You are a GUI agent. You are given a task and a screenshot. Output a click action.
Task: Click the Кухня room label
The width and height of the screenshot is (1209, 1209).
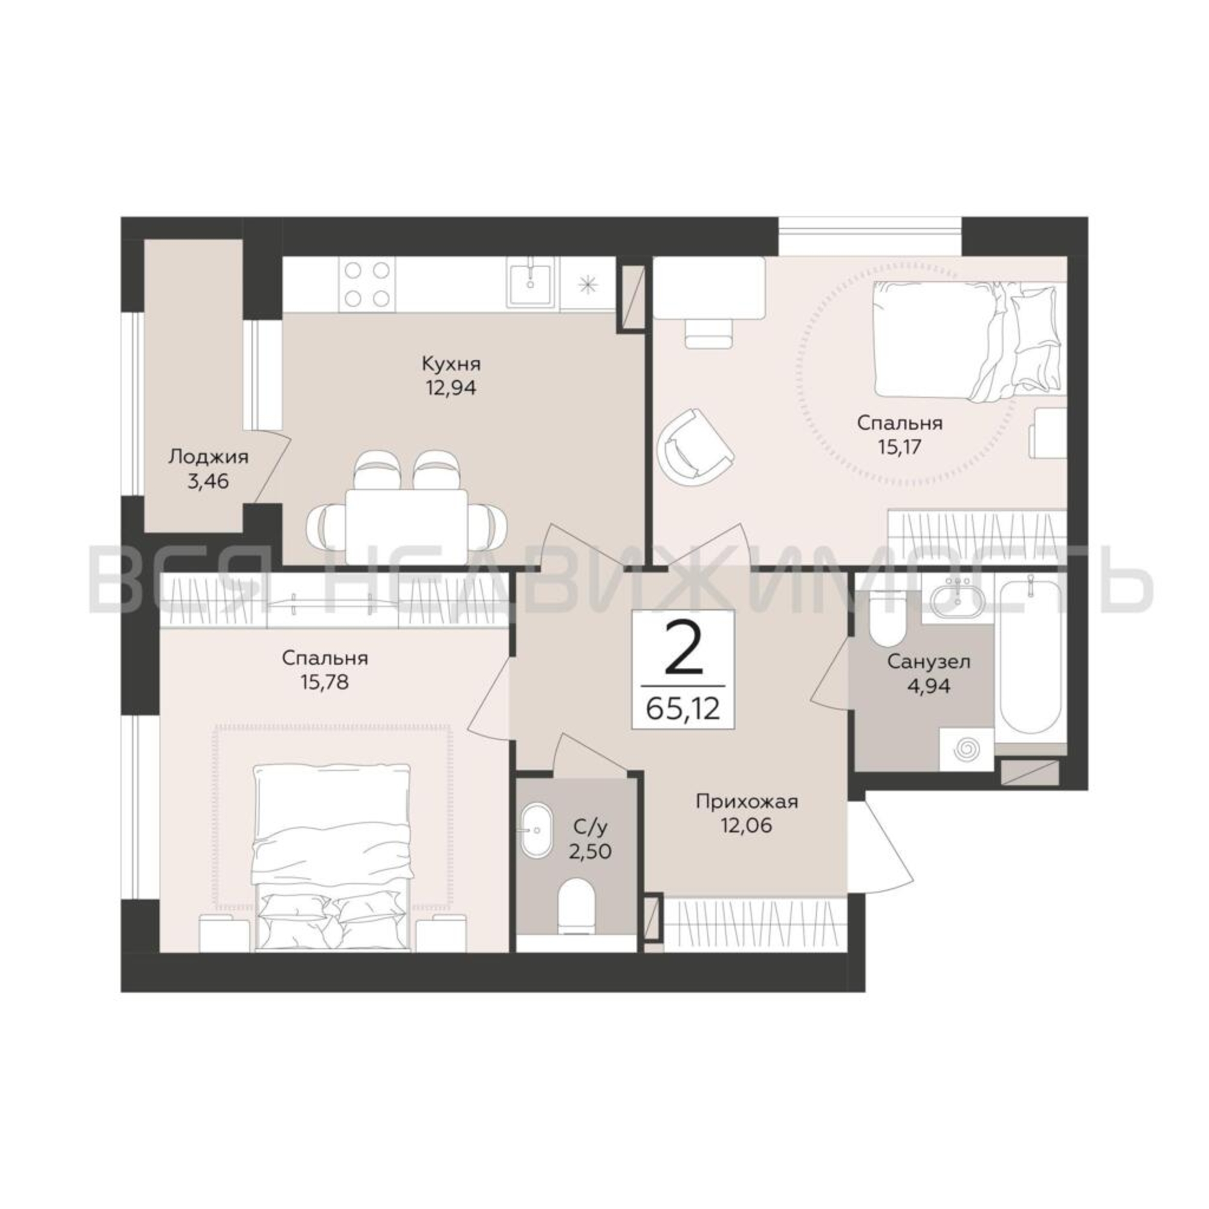(x=450, y=363)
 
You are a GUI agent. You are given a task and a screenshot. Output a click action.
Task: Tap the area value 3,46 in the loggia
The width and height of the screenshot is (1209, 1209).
(x=208, y=481)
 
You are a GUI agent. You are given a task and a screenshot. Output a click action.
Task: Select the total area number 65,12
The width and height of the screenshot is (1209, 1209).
(x=683, y=710)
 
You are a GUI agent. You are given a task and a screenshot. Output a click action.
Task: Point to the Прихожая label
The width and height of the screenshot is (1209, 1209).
(x=747, y=802)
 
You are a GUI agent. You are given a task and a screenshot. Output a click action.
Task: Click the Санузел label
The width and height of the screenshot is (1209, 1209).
(x=929, y=661)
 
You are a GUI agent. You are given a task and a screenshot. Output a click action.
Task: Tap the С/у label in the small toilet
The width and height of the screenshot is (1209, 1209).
(x=590, y=828)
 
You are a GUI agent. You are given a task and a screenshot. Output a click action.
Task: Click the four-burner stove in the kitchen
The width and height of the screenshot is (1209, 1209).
(x=366, y=284)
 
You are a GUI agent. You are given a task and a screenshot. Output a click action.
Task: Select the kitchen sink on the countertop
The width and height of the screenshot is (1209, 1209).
(x=530, y=284)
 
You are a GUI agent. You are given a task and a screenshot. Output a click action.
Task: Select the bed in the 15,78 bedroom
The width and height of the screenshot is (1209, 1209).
(x=332, y=858)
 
